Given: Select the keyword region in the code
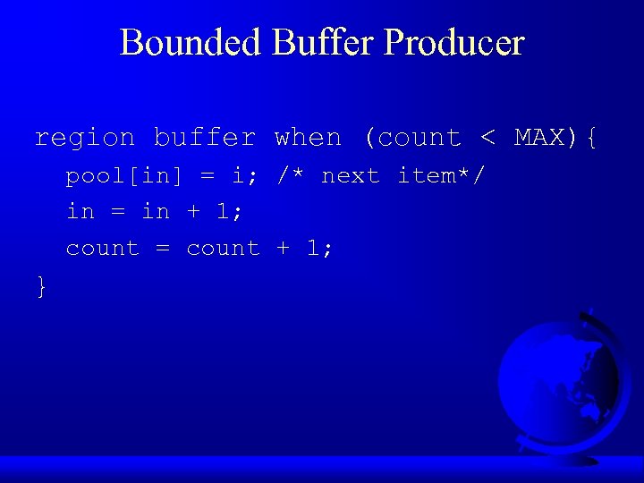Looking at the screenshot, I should coord(84,138).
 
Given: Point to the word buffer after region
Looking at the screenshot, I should coord(205,138).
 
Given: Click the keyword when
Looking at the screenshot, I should coord(309,138).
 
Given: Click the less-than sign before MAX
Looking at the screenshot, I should coord(487,138).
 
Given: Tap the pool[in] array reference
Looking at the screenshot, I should coord(123,176).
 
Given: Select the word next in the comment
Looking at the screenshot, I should coord(351,176).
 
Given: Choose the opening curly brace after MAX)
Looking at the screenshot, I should coord(590,138).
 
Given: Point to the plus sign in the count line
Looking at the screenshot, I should coord(284,249).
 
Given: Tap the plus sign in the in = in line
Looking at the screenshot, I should coord(193,212).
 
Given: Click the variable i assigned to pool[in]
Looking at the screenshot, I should coord(238,176).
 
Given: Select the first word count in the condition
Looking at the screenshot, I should coord(420,138).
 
